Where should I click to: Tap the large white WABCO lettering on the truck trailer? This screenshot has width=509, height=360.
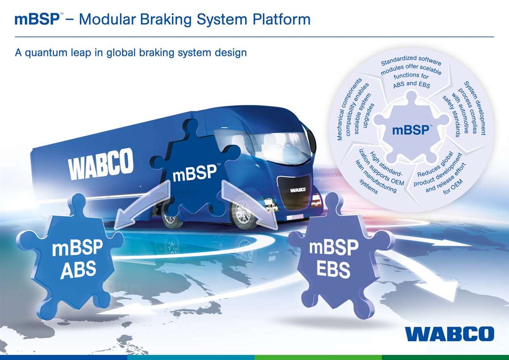(100, 164)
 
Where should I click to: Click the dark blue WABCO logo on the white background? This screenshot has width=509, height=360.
(450, 334)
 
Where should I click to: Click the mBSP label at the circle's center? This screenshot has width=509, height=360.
(411, 130)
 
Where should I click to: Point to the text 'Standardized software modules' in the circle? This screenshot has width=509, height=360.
(411, 65)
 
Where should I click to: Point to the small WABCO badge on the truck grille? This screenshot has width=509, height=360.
(298, 189)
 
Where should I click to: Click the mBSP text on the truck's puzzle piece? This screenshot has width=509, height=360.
(195, 172)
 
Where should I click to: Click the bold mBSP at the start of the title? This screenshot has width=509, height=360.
(37, 19)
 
